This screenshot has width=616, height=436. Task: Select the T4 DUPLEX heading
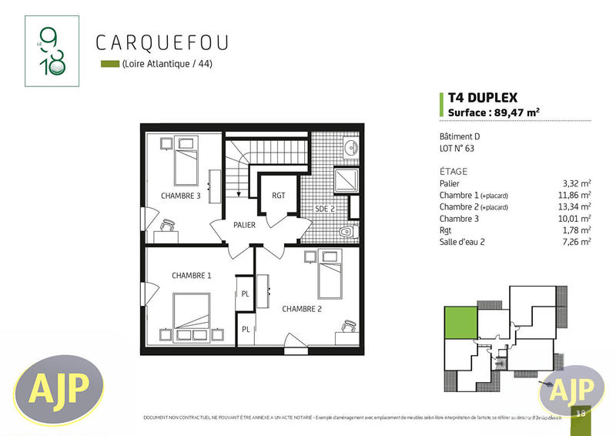483,98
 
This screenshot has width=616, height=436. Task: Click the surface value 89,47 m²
517,112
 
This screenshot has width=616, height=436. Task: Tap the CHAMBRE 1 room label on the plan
192,276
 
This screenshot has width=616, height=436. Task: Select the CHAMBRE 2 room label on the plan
303,309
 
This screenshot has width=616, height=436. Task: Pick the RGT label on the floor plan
279,196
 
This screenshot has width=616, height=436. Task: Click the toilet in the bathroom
349,231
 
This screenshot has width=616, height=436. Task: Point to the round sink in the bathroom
350,149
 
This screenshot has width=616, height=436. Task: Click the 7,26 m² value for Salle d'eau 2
579,242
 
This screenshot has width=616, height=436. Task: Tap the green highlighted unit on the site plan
460,323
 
